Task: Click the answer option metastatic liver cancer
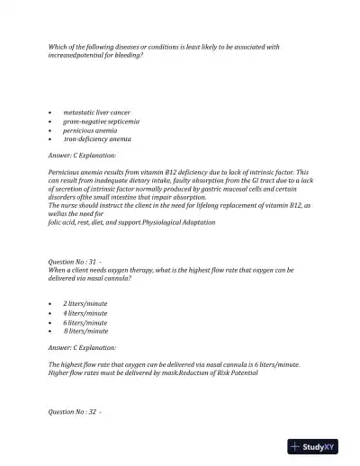pyautogui.click(x=96, y=112)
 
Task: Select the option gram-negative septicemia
pyautogui.click(x=98, y=121)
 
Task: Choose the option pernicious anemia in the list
pyautogui.click(x=90, y=130)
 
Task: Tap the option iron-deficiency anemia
pyautogui.click(x=96, y=139)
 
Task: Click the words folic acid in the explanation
pyautogui.click(x=62, y=221)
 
